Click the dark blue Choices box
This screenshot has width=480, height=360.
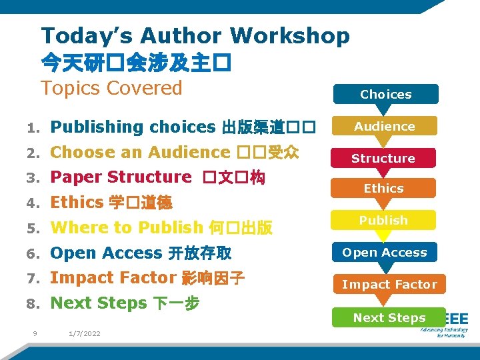tap(386, 94)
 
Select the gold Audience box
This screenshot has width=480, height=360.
tap(385, 126)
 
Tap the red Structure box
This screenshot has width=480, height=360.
tap(383, 158)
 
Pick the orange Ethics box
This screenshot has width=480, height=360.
tap(383, 188)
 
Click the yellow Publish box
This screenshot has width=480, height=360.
tap(383, 220)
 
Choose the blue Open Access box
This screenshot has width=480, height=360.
tap(385, 252)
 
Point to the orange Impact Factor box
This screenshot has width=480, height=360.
tap(389, 284)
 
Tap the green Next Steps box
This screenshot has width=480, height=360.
tap(389, 317)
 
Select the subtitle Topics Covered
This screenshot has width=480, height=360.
tap(111, 88)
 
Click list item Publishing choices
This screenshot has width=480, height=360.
tap(132, 127)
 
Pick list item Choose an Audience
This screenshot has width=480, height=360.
tap(140, 152)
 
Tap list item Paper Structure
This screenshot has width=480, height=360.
tap(121, 177)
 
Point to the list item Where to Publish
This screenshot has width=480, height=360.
tap(126, 227)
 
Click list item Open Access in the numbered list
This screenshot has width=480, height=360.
tap(106, 253)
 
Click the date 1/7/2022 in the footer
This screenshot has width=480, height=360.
tap(85, 333)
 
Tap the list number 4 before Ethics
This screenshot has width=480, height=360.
tap(32, 203)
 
